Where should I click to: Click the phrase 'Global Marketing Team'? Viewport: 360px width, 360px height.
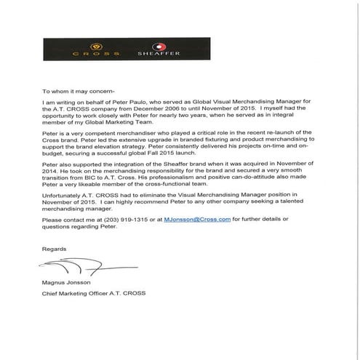pos(111,128)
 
